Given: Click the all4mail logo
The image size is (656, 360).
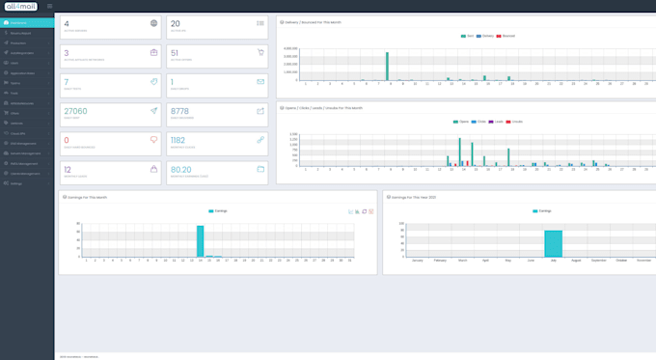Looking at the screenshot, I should pyautogui.click(x=20, y=6).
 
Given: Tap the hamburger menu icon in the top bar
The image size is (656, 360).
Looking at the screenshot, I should pyautogui.click(x=50, y=6).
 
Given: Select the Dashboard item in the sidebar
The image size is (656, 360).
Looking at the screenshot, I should pyautogui.click(x=19, y=22).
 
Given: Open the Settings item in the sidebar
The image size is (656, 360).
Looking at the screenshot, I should pyautogui.click(x=16, y=183).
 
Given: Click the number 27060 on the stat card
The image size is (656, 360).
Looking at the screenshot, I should pyautogui.click(x=75, y=111).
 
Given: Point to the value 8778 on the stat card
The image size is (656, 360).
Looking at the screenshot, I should pyautogui.click(x=179, y=111).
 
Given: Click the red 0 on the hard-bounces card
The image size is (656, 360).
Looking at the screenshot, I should pyautogui.click(x=66, y=140).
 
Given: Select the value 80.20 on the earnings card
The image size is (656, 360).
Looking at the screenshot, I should pyautogui.click(x=181, y=169).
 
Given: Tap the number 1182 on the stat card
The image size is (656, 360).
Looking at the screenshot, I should pyautogui.click(x=178, y=140).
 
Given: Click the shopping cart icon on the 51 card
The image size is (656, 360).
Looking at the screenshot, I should pyautogui.click(x=260, y=52).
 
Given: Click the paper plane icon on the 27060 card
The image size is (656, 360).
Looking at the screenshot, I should pyautogui.click(x=153, y=111).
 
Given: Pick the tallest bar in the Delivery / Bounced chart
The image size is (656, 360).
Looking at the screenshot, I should pyautogui.click(x=387, y=66).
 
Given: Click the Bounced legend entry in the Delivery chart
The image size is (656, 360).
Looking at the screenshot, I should pyautogui.click(x=507, y=36).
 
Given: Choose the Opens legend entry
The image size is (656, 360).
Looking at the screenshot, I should pyautogui.click(x=463, y=122).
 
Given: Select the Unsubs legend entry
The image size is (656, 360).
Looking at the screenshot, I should pyautogui.click(x=517, y=122).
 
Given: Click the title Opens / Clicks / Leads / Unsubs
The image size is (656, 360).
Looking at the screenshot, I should pyautogui.click(x=324, y=108).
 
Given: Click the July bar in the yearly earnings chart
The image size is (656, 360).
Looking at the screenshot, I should pyautogui.click(x=553, y=243).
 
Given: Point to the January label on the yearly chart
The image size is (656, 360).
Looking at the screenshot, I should pyautogui.click(x=417, y=261).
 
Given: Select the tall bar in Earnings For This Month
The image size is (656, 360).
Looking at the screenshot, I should pyautogui.click(x=201, y=241).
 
